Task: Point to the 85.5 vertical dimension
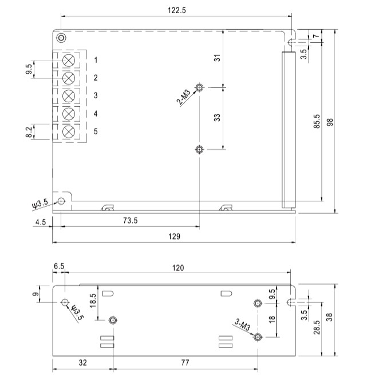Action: (x=317, y=123)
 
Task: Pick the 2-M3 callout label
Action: (x=184, y=97)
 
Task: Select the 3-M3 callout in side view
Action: (x=243, y=326)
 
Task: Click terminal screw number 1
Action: (x=69, y=60)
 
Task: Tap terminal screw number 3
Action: (x=69, y=95)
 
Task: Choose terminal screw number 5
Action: (x=69, y=131)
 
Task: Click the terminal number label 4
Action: (x=96, y=114)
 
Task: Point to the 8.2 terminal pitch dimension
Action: (x=29, y=132)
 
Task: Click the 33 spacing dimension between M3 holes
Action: (x=217, y=118)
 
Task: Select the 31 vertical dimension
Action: (x=217, y=58)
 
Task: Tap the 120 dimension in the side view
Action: (x=179, y=267)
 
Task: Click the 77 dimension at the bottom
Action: (x=185, y=362)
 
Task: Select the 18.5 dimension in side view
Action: (x=92, y=301)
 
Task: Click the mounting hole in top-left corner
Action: (x=61, y=38)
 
